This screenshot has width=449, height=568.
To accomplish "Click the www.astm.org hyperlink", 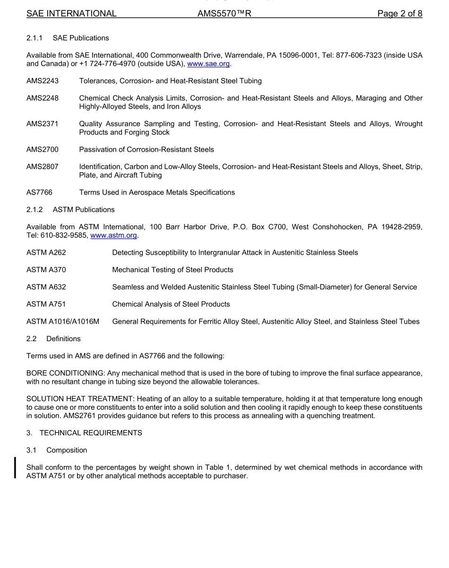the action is tap(113, 235).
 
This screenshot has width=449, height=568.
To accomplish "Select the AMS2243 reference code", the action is tap(43, 81).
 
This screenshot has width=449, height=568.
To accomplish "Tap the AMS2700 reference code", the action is tap(43, 149).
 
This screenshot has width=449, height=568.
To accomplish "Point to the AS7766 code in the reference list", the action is tap(39, 192).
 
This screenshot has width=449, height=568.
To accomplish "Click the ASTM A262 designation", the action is tap(46, 252).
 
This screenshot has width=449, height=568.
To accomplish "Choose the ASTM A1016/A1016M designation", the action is tap(63, 321).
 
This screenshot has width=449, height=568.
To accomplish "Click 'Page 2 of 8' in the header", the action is tap(399, 14).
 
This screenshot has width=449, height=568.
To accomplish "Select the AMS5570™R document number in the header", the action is tap(224, 14).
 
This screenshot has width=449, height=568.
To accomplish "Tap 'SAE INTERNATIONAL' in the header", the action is tap(71, 14).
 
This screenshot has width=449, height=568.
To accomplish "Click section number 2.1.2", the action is tap(35, 209).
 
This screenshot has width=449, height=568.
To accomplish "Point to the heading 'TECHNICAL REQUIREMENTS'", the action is tap(91, 433).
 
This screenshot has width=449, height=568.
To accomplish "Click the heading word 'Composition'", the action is tap(67, 450).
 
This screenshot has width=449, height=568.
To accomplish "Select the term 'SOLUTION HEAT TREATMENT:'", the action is tap(80, 399).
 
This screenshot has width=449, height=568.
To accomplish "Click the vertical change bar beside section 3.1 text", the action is tap(16, 467).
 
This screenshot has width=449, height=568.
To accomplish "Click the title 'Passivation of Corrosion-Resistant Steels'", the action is tap(147, 149).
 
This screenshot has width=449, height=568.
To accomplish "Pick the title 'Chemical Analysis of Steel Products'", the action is tap(171, 304).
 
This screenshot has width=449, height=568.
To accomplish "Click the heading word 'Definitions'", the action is tap(63, 338).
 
